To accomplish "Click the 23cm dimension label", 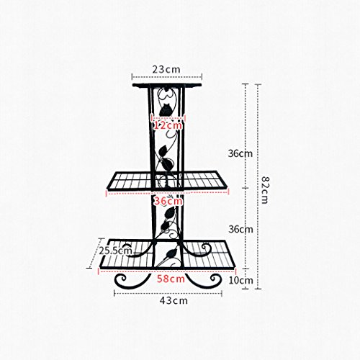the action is (x=166, y=69).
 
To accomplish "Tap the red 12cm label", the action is (x=168, y=125).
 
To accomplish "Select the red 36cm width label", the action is (x=168, y=201).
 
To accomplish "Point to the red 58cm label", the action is (x=171, y=279).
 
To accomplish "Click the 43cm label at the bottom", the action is (x=174, y=300).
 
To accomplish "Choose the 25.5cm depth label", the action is (x=116, y=251).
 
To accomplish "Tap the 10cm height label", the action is (x=240, y=280).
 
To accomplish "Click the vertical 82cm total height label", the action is (x=265, y=190).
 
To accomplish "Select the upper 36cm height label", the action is (x=240, y=153).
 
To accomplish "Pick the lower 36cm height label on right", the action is (x=240, y=229).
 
